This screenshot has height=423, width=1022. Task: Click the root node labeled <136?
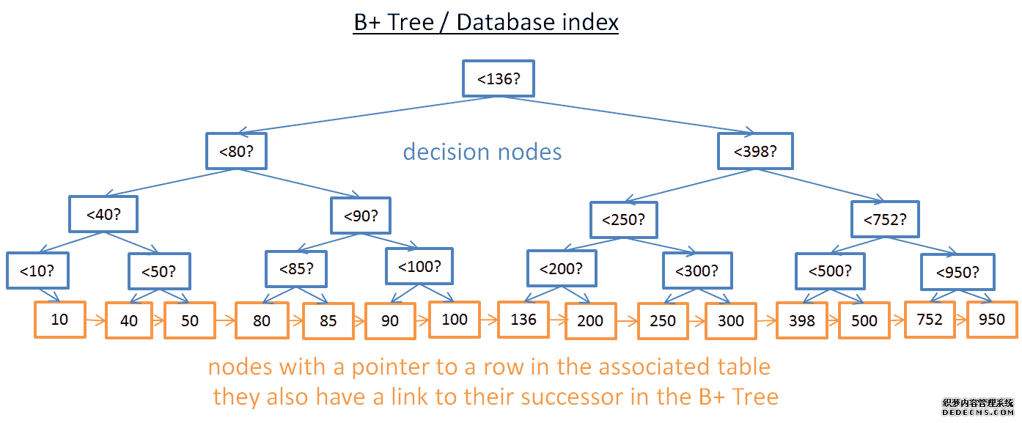(x=499, y=78)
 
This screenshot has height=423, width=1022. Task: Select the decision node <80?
(x=235, y=152)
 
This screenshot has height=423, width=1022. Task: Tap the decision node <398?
(x=755, y=152)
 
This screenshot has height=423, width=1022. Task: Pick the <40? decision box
(x=103, y=214)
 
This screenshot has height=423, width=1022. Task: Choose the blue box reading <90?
(x=361, y=216)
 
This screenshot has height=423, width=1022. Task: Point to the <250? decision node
(x=624, y=219)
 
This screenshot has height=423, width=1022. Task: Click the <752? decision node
(x=885, y=219)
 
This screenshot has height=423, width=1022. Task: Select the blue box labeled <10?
(x=37, y=271)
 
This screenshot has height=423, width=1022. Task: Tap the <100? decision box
(x=419, y=266)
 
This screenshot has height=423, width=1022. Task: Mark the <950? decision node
(x=957, y=273)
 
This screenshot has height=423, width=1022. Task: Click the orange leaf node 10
(x=59, y=320)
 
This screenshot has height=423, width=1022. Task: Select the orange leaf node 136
(x=523, y=320)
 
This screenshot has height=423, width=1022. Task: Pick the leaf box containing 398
(x=802, y=320)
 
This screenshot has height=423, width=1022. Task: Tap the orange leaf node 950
(x=991, y=319)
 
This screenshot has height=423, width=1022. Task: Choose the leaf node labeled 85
(x=328, y=320)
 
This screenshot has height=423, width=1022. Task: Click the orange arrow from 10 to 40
(x=95, y=320)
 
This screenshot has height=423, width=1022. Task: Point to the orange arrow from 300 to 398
(x=766, y=320)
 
